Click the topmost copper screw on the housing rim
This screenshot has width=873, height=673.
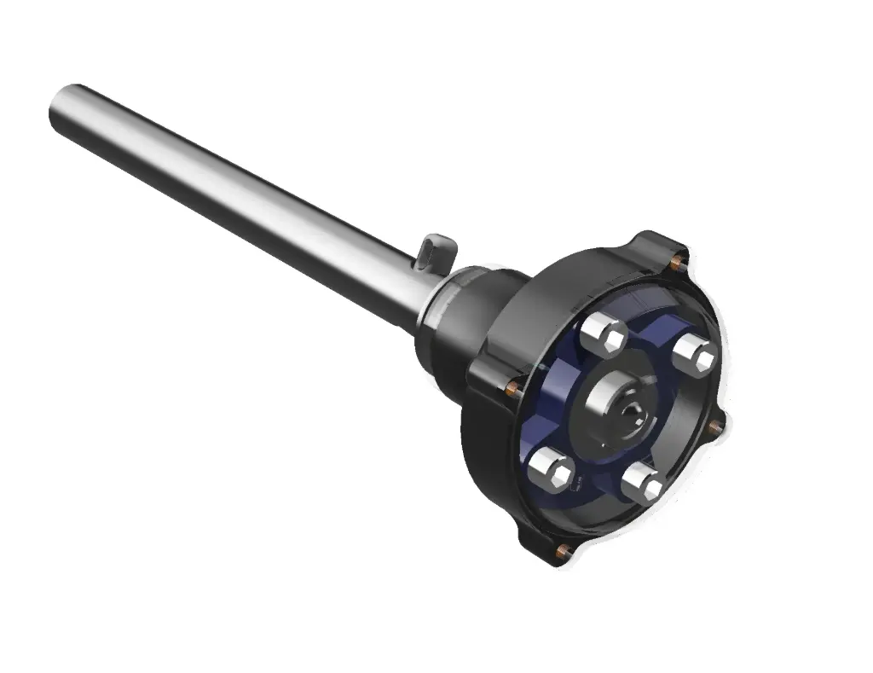pyautogui.click(x=678, y=255)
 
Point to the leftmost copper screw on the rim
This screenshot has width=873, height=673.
pyautogui.click(x=512, y=388)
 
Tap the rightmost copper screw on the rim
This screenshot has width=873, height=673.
pyautogui.click(x=716, y=424)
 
